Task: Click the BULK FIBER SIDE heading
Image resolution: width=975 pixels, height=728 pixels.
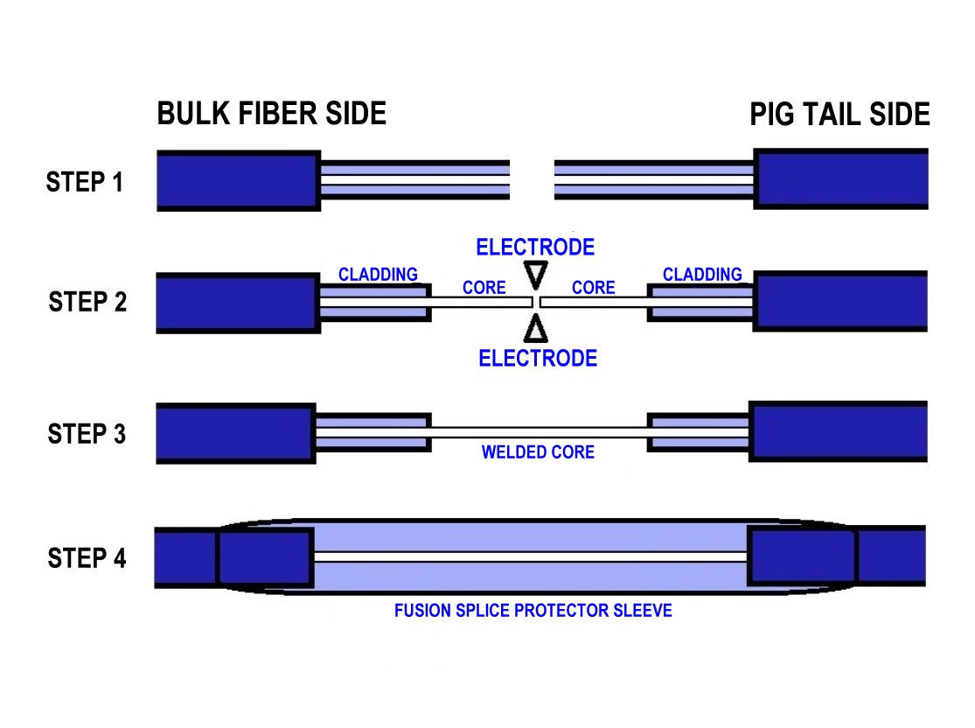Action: pos(271,114)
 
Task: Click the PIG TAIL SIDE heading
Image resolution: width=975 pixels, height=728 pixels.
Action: pos(839,115)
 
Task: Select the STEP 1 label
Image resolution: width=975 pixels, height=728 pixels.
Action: pos(85,183)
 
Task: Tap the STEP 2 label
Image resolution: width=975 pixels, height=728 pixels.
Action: pos(87,303)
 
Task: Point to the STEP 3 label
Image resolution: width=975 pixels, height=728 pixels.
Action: pos(87,434)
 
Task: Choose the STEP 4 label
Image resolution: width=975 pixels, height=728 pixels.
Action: pos(87,558)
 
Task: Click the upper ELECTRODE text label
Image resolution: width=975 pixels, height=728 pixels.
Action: pos(535,248)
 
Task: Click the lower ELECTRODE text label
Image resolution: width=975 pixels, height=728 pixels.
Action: pos(538,358)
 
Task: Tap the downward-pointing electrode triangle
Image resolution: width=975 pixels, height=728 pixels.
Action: pos(536,275)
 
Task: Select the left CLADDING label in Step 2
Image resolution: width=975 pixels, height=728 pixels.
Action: pos(378,275)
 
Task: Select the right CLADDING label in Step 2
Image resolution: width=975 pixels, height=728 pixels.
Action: pos(702,275)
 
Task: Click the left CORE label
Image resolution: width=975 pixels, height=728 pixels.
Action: pos(484,288)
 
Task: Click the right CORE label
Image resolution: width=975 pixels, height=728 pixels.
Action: pos(593,288)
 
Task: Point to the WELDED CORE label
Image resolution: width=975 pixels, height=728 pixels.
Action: pos(538,452)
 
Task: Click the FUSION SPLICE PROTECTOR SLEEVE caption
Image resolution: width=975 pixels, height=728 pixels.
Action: pos(533,610)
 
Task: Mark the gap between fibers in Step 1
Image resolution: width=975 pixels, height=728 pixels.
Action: pos(532,180)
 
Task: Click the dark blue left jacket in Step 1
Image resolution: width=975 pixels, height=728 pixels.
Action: pos(237,180)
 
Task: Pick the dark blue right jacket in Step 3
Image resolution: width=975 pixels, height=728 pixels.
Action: pos(838,433)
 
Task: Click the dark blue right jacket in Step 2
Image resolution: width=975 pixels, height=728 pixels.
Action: pos(840,303)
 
